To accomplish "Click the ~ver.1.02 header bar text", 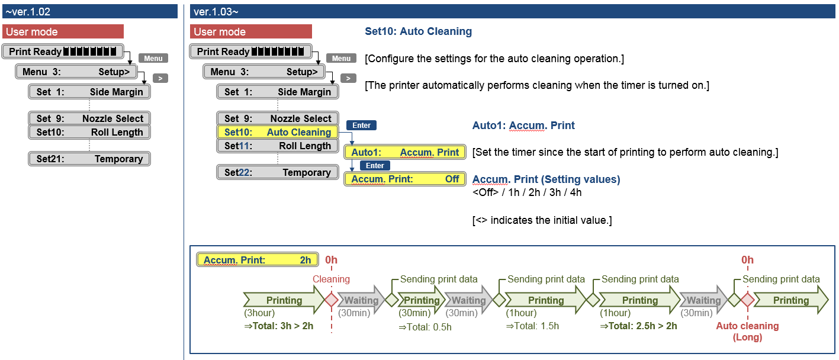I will coord(28,11).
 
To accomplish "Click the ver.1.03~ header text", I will coord(216,11).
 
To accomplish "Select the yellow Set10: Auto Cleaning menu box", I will coord(278,132).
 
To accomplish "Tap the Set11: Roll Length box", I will coord(278,146).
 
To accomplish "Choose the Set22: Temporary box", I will coord(278,172).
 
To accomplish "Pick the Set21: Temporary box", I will coord(89,159).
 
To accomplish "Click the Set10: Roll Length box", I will coord(89,132).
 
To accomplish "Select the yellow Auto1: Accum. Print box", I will coord(405,152).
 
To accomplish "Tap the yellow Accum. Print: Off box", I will coord(405,179).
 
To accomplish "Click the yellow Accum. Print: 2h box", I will coord(257,260).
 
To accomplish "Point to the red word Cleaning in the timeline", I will coord(331,279).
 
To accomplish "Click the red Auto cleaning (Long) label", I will coord(747,332).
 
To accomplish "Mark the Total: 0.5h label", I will coord(425,326).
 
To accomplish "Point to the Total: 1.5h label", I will coord(532,326).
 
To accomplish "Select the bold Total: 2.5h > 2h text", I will coord(638,326).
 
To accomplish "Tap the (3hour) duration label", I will coord(259,313).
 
